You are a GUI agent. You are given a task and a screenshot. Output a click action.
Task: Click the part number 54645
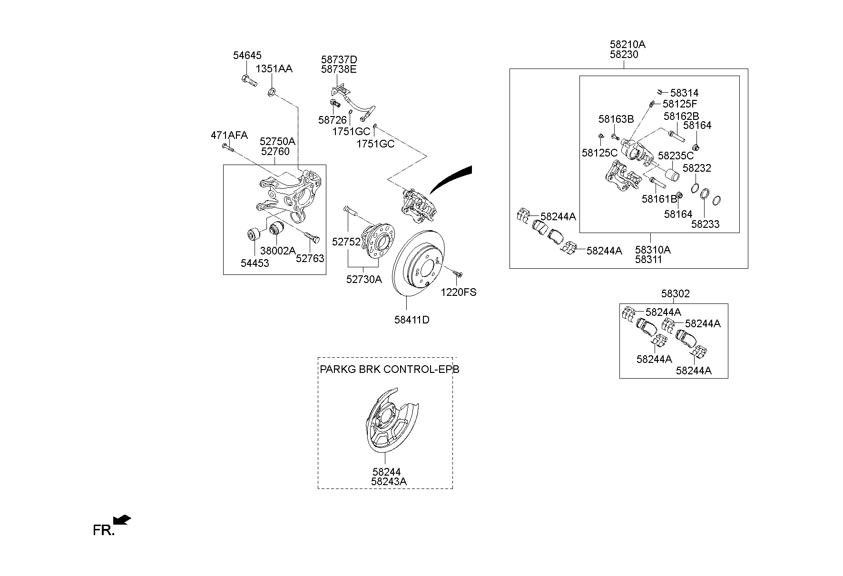[247, 55]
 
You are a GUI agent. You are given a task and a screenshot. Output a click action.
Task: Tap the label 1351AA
[274, 68]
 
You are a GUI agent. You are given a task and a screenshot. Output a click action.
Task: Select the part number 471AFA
[229, 135]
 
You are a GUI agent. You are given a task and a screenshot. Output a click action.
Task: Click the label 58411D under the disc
[412, 320]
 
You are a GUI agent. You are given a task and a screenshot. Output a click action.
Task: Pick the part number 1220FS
[459, 292]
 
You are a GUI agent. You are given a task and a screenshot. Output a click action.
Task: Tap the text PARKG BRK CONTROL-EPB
[390, 369]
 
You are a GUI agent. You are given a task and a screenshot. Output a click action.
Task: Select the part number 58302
[676, 294]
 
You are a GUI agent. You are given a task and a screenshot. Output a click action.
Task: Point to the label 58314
[685, 93]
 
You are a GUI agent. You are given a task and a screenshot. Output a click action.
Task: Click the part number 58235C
[676, 156]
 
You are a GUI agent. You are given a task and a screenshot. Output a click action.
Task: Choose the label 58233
[706, 224]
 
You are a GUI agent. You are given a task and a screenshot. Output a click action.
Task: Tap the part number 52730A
[364, 280]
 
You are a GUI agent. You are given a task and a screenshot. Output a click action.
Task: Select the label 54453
[255, 263]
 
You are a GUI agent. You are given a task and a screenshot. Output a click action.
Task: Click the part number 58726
[333, 120]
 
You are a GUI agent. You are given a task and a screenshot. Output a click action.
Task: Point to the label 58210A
[627, 45]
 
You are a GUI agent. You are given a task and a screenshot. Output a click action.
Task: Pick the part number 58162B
[681, 117]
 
